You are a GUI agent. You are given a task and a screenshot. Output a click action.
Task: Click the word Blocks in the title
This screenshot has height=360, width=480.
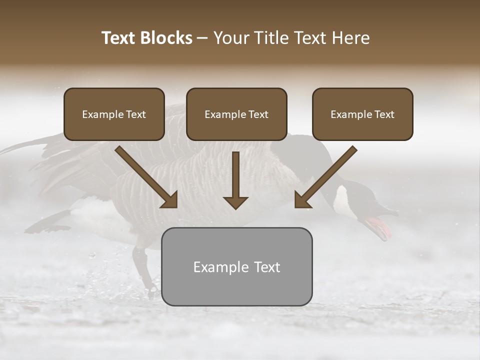click(166, 38)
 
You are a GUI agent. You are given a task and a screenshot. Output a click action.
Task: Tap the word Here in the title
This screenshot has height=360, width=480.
click(349, 38)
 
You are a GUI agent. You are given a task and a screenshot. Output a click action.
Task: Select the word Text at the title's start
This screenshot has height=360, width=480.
click(118, 38)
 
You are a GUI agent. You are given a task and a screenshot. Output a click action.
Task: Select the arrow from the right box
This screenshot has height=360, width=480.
click(325, 177)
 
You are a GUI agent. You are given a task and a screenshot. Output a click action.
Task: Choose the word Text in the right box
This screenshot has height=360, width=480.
click(384, 114)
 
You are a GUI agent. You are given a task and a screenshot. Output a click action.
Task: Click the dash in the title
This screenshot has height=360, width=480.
click(202, 38)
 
